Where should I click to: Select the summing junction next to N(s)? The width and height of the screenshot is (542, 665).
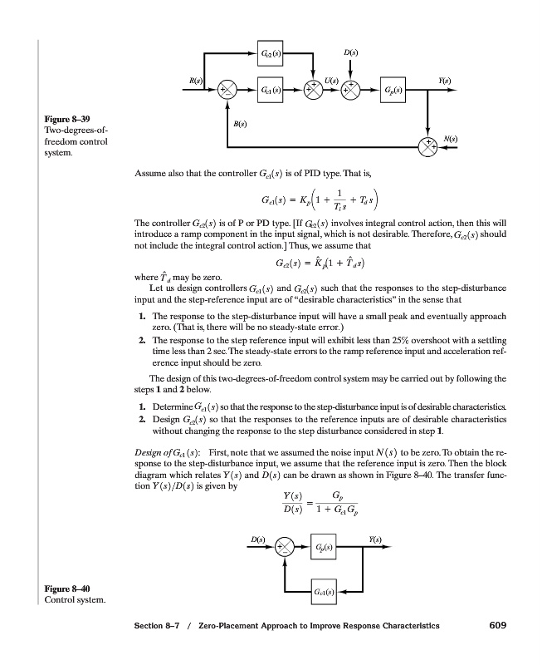point(428,148)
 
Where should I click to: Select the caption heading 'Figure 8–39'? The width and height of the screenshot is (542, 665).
point(58,119)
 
